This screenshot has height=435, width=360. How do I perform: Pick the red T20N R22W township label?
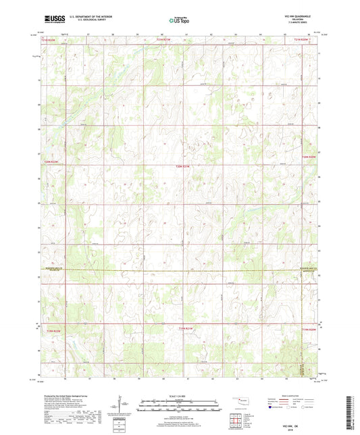pos(52,161)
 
